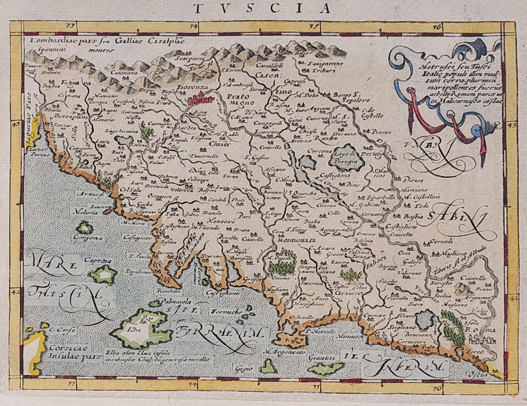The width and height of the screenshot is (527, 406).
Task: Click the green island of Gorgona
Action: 86,228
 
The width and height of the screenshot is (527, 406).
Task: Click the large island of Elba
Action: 141,330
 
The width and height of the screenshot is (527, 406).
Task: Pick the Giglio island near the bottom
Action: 269,367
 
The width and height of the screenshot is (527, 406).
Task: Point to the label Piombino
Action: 168,291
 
